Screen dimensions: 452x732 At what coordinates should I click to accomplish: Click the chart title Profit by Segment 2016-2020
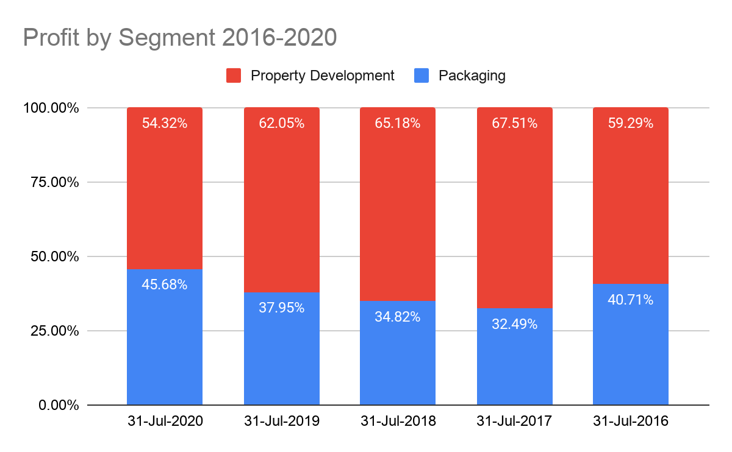click(179, 37)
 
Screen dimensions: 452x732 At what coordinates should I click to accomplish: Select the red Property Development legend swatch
click(234, 76)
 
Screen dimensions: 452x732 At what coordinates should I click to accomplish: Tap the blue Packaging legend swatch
click(422, 76)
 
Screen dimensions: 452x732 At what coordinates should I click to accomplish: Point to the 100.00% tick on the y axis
click(51, 108)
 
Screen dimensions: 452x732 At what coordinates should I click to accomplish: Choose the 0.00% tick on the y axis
click(57, 405)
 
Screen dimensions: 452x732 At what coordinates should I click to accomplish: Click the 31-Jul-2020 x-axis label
click(165, 422)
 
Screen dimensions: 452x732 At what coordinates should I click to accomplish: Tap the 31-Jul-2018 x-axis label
click(398, 422)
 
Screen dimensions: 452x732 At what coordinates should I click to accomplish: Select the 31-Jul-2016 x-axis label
click(631, 422)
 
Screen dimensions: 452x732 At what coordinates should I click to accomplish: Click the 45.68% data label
click(165, 284)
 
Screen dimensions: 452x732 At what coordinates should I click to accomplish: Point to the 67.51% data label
click(515, 124)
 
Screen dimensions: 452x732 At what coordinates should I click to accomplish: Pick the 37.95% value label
click(282, 308)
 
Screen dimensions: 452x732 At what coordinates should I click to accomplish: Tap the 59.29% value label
click(631, 124)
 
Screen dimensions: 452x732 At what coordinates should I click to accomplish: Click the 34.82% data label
click(398, 317)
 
